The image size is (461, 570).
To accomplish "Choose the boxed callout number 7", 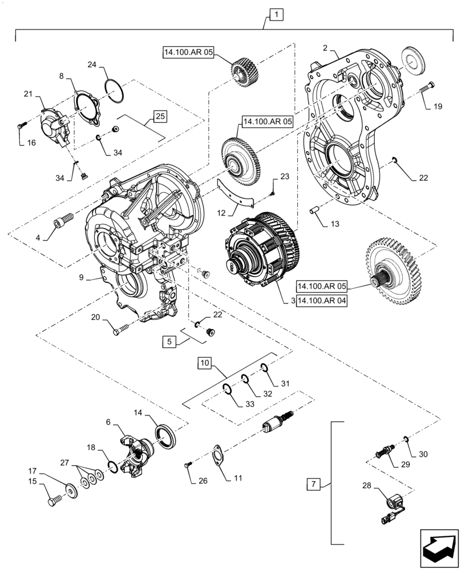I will (x=313, y=484).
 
